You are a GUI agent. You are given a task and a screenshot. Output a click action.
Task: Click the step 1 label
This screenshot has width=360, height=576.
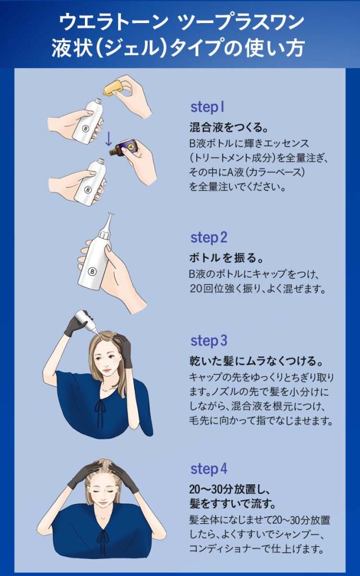pos(207,107)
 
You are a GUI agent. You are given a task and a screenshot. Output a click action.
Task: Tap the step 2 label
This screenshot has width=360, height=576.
pos(209,237)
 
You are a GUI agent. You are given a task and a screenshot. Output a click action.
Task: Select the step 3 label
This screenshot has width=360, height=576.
pos(209,340)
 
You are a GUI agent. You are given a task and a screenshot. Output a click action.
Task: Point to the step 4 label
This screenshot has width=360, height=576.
pos(209,469)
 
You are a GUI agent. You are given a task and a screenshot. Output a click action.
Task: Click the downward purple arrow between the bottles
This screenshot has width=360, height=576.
pos(109,138)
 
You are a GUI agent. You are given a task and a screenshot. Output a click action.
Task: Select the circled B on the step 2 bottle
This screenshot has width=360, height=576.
pos(92,272)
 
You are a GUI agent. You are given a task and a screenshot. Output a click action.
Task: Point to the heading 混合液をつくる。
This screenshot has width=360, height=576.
pos(228,127)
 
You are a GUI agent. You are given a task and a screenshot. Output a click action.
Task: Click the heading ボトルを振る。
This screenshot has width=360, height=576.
pos(226,258)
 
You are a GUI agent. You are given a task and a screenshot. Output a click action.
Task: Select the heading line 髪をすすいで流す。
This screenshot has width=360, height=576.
pos(232,503)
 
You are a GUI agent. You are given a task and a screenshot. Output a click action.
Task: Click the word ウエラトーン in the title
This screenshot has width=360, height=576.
pos(112,22)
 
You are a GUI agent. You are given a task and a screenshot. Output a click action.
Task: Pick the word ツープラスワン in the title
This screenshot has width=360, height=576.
pos(241,22)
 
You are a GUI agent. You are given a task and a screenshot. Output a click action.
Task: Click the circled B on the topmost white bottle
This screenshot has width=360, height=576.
pos(86,129)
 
